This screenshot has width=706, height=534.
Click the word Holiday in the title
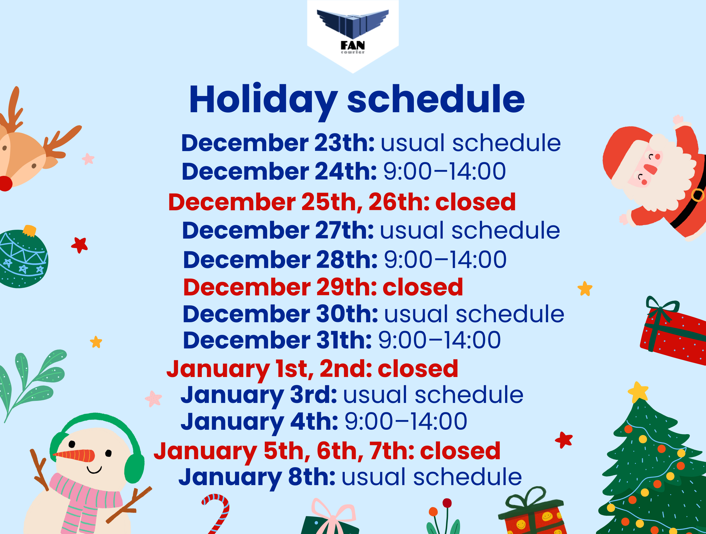click(263, 100)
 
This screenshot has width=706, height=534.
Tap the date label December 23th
click(278, 143)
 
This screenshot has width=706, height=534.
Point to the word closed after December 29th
click(423, 287)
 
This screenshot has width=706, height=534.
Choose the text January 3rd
click(259, 395)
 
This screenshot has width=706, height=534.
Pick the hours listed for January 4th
click(406, 421)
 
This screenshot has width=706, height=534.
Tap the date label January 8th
click(257, 477)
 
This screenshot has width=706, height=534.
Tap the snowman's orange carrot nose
click(75, 455)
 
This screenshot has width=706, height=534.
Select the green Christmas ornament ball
click(23, 259)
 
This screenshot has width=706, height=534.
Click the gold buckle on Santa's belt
click(697, 195)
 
